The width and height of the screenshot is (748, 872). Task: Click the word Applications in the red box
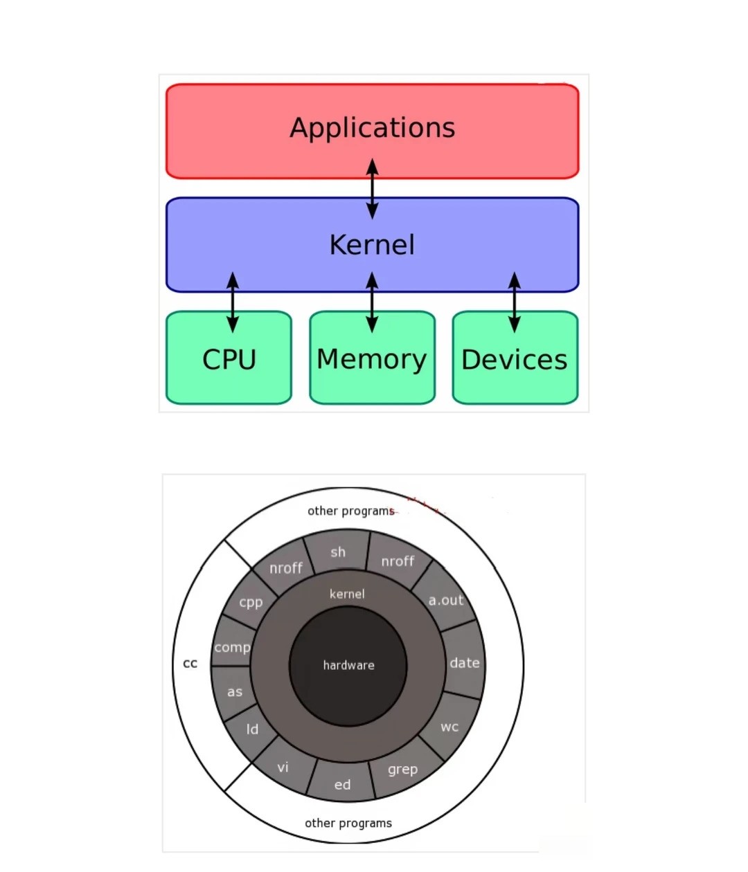pyautogui.click(x=373, y=127)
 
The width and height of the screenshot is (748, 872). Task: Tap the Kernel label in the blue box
pyautogui.click(x=372, y=245)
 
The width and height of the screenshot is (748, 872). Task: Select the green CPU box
pyautogui.click(x=229, y=357)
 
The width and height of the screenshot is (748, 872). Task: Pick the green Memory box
pyautogui.click(x=372, y=357)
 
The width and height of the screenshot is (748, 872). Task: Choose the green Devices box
pyautogui.click(x=515, y=357)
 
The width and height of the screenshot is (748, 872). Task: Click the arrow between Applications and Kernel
pyautogui.click(x=372, y=188)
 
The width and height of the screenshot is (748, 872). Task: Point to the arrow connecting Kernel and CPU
pyautogui.click(x=233, y=302)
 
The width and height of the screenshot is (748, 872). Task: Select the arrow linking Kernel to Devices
pyautogui.click(x=514, y=302)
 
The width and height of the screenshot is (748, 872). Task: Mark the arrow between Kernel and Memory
pyautogui.click(x=372, y=302)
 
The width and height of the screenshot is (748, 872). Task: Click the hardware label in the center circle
pyautogui.click(x=348, y=665)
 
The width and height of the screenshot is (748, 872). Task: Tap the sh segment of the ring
pyautogui.click(x=338, y=552)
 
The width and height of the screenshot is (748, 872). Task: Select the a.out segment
pyautogui.click(x=445, y=599)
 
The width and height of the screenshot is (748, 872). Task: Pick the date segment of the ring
pyautogui.click(x=464, y=663)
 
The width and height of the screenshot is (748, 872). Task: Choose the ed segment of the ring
pyautogui.click(x=342, y=784)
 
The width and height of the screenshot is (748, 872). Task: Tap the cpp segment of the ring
pyautogui.click(x=250, y=602)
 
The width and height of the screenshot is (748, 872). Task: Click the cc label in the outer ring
pyautogui.click(x=190, y=664)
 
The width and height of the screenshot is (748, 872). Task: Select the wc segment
pyautogui.click(x=450, y=727)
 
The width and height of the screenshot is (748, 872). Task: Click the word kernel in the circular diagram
pyautogui.click(x=347, y=594)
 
